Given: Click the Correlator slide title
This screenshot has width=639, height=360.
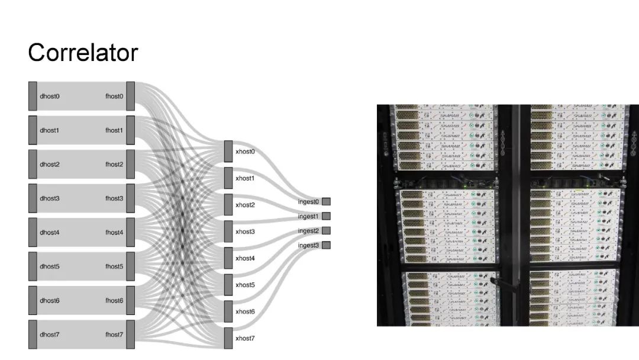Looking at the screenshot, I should (x=83, y=53).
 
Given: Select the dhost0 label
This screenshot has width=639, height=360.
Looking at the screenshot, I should (x=50, y=96).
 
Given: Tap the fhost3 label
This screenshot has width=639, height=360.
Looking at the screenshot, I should (x=114, y=198).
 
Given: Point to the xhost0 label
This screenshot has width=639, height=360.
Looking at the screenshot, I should (x=245, y=152).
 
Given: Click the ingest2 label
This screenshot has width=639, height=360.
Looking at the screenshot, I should (x=308, y=231).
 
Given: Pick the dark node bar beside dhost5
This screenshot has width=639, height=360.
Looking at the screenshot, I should (x=33, y=266).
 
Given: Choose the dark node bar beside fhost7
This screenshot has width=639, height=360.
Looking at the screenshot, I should (x=131, y=335).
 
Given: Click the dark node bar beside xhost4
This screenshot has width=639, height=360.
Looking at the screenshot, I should (x=228, y=258).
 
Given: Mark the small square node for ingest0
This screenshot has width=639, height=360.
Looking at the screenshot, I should (x=326, y=202).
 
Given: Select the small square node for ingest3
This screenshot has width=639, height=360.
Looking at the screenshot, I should (x=326, y=245).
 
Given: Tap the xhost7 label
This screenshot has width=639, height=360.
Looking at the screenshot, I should (x=245, y=338).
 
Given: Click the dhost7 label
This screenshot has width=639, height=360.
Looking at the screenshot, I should (x=50, y=335).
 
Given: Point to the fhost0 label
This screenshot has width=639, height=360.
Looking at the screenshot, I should (x=114, y=96).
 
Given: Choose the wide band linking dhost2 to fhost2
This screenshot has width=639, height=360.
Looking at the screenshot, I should (x=82, y=165).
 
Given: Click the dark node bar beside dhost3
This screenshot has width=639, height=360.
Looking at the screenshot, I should (x=33, y=198).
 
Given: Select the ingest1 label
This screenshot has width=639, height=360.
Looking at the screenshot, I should (x=308, y=217).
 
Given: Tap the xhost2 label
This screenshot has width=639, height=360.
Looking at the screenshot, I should (x=245, y=205).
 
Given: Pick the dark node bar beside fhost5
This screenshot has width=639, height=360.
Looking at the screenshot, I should (x=131, y=266).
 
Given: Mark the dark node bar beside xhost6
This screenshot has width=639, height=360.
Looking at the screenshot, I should (x=228, y=311).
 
